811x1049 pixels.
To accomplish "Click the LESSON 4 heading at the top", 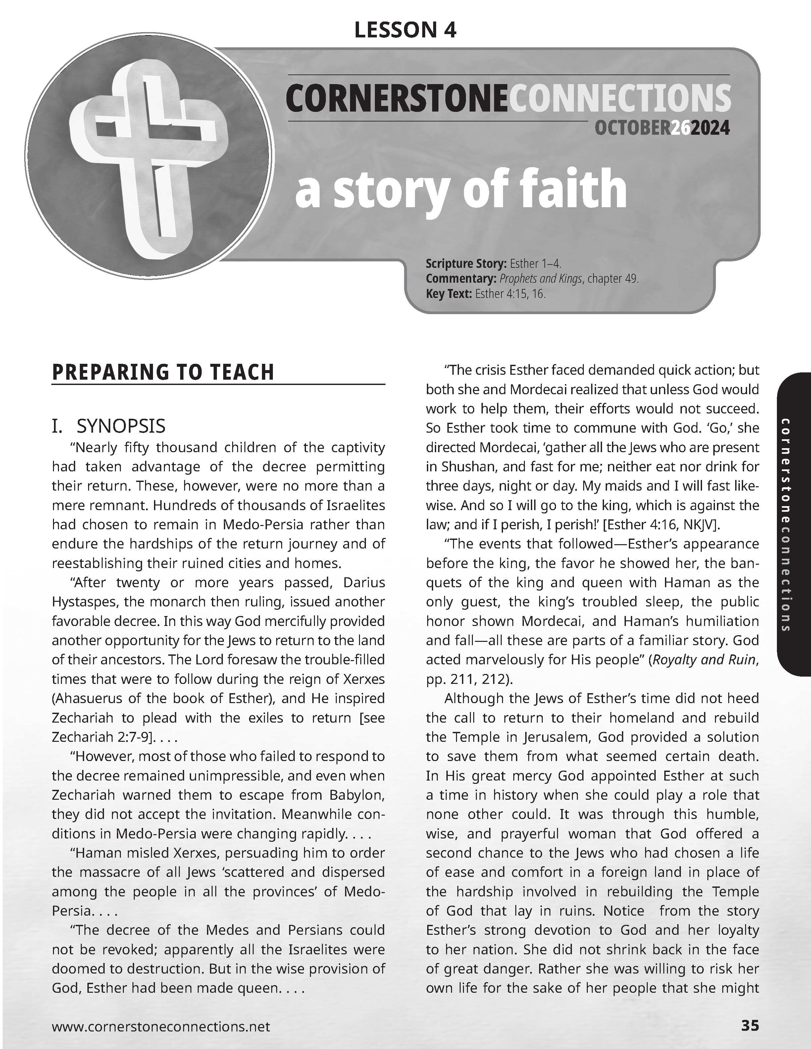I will [405, 30].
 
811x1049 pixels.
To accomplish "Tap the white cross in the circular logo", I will [144, 154].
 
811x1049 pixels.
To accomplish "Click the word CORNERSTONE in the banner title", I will [396, 98].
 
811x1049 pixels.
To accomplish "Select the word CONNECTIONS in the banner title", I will [620, 98].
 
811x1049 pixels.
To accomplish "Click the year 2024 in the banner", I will [710, 128].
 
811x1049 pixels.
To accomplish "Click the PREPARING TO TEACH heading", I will [163, 372].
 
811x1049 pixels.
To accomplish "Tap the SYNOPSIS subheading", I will [121, 426].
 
